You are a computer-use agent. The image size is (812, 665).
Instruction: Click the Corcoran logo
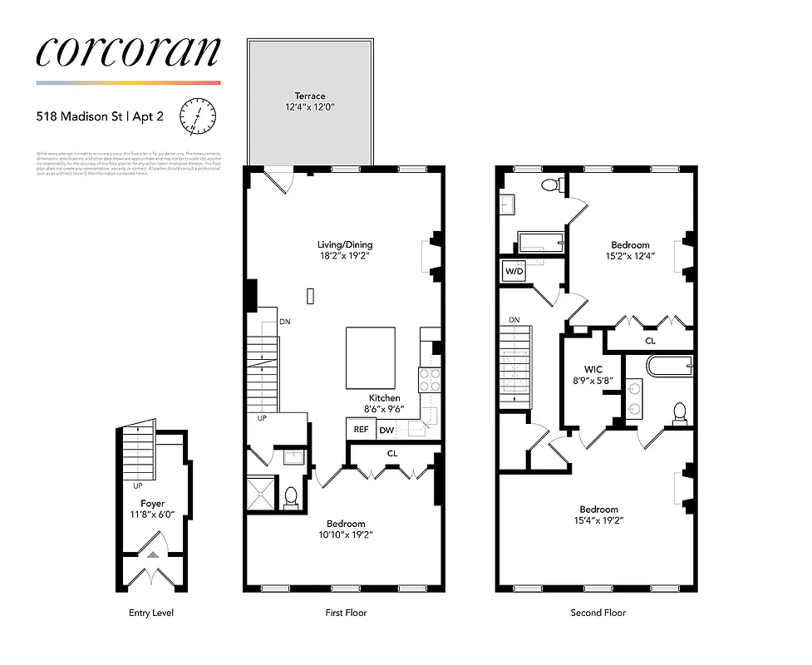(x=128, y=52)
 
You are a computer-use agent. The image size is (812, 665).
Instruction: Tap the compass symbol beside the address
(x=199, y=116)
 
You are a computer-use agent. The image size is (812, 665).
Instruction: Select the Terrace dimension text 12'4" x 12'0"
(x=309, y=107)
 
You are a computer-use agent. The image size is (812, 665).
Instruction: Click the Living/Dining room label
(x=345, y=244)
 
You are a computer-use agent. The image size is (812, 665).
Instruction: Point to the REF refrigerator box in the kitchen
(x=361, y=430)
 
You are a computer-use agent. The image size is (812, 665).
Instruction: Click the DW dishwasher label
(x=386, y=431)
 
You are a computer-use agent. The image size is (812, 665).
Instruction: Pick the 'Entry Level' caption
(x=151, y=613)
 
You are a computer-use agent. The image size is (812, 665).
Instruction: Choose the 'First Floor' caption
(x=345, y=613)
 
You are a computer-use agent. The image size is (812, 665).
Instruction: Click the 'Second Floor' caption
(x=598, y=613)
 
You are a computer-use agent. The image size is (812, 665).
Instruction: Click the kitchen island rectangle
(x=371, y=357)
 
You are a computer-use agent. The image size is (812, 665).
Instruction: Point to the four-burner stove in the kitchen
(x=430, y=380)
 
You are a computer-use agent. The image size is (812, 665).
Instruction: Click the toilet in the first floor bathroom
(x=291, y=496)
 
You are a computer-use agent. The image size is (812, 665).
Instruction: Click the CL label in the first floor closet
(x=392, y=453)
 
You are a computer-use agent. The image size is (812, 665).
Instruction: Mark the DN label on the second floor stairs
(x=514, y=319)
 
